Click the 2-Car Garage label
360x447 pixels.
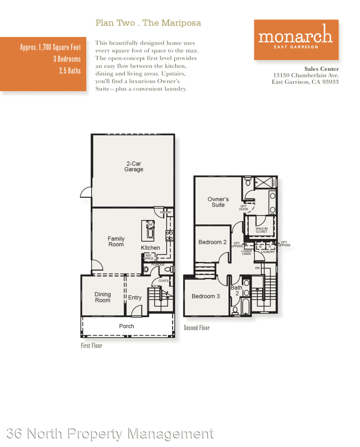134,166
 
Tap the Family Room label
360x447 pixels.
116,241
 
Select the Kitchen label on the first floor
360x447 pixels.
150,248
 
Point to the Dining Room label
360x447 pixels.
103,297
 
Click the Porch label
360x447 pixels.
126,326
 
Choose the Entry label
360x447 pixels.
135,298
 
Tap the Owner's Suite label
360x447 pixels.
218,202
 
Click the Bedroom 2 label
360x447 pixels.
212,242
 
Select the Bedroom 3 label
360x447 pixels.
206,296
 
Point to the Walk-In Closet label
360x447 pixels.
261,230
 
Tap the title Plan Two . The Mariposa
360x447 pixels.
148,23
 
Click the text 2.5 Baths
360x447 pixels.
70,70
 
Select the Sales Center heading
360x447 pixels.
321,69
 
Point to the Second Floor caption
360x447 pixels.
197,328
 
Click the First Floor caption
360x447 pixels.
92,346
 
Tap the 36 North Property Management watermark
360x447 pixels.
110,433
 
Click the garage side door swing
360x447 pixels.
86,192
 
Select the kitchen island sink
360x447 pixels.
150,226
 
